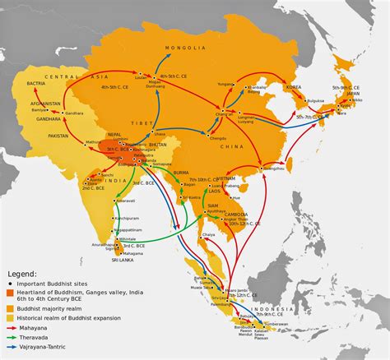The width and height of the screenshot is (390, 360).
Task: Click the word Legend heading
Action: [21, 274]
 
